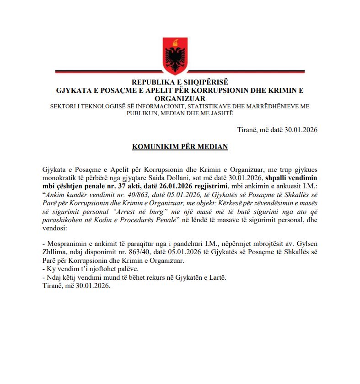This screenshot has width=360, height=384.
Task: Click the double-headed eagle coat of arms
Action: [x=180, y=53]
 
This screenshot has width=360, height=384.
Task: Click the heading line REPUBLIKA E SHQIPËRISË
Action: [x=180, y=83]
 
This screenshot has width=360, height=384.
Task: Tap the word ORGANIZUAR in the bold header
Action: [x=180, y=98]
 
